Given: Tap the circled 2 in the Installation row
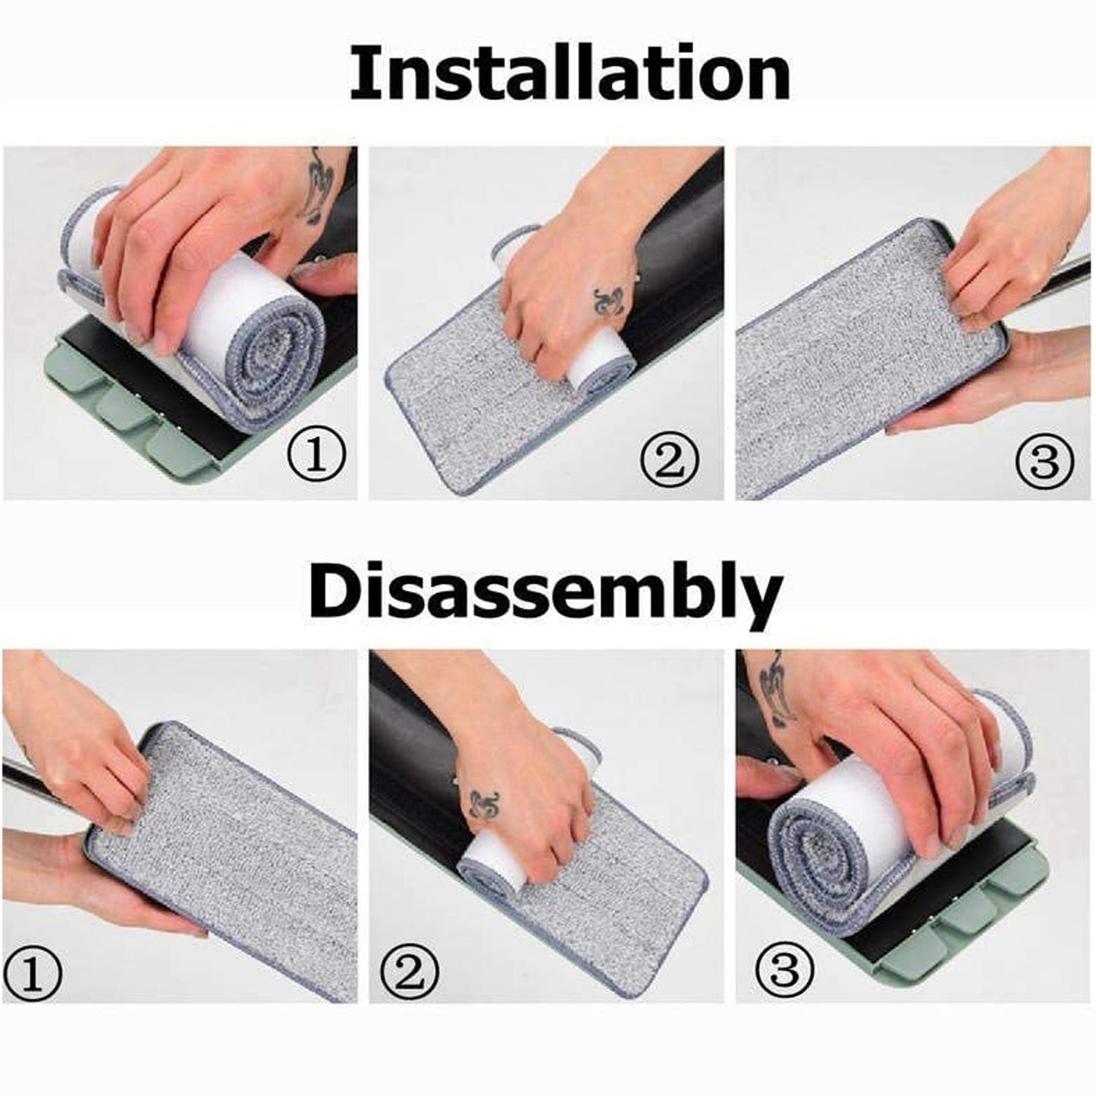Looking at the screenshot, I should click(669, 459).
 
